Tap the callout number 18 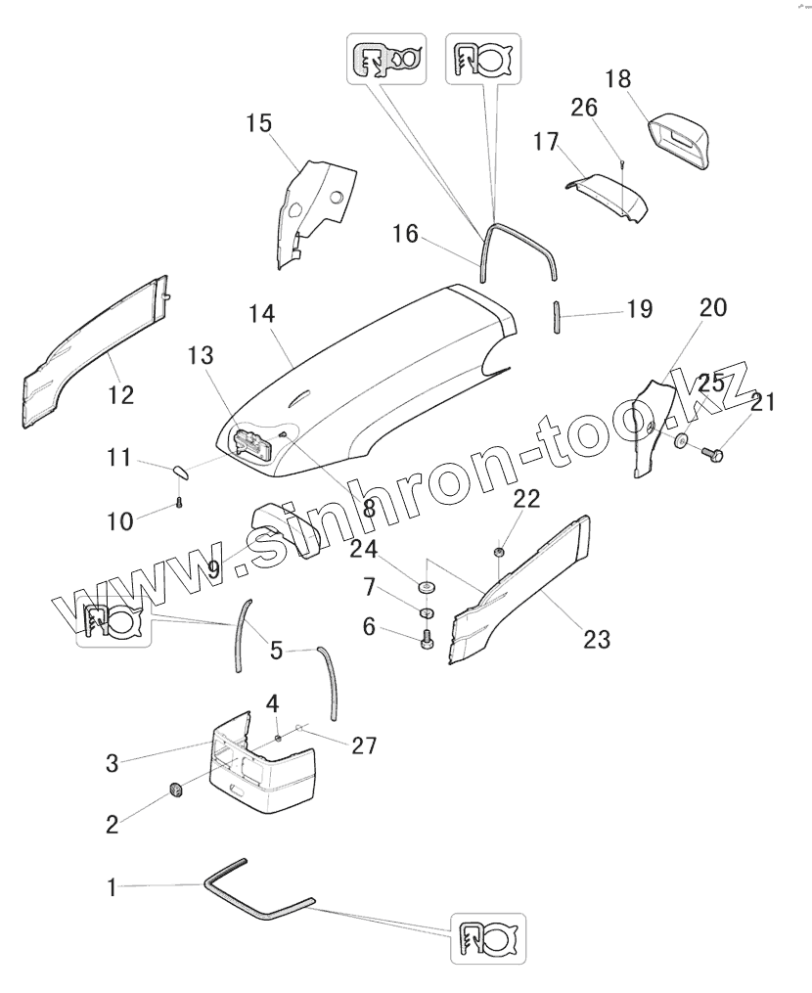617,77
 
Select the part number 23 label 597,640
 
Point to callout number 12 121,395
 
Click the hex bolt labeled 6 428,640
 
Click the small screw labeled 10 180,503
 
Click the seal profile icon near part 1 488,938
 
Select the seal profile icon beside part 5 114,620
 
